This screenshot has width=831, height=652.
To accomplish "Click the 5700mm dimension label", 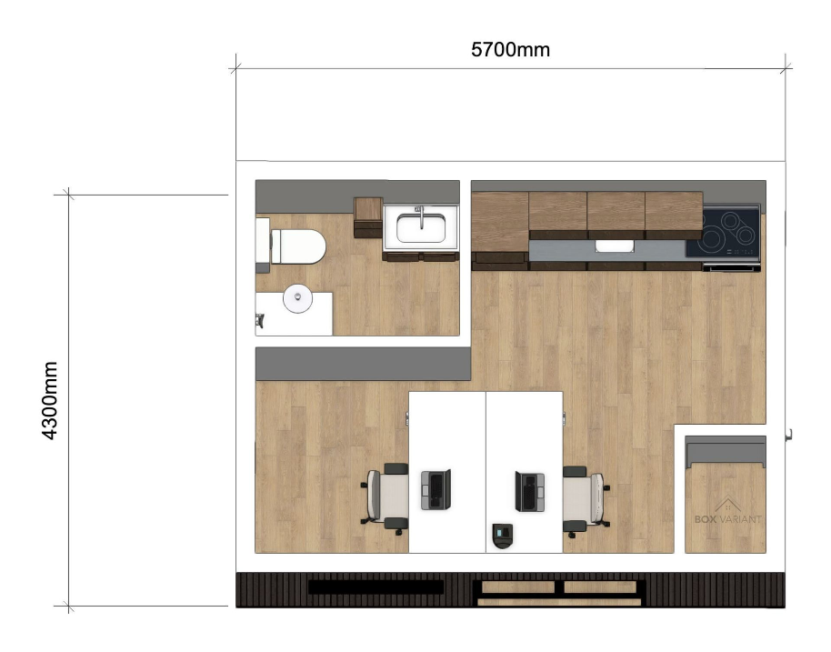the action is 510,50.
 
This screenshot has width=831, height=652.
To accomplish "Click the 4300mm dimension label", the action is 49,401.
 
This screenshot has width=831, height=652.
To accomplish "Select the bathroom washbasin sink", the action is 421,227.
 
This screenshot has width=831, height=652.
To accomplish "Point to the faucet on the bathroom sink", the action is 421,216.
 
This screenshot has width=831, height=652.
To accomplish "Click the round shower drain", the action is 297,298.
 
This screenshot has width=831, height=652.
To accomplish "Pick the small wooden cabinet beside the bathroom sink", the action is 368,217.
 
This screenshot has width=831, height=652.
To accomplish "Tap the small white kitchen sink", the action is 615,246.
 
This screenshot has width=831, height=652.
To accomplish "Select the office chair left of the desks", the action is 385,499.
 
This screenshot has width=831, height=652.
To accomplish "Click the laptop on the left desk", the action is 436,490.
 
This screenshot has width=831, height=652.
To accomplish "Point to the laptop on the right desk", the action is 529,492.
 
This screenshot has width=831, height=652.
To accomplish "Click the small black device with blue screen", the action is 503,536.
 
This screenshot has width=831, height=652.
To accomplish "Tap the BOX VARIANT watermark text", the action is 727,519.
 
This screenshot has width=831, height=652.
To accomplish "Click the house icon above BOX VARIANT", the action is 727,504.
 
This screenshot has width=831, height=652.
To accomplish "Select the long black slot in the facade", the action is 375,587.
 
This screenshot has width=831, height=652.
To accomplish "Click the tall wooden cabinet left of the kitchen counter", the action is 500,228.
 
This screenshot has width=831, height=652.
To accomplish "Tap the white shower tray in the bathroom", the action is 295,314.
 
